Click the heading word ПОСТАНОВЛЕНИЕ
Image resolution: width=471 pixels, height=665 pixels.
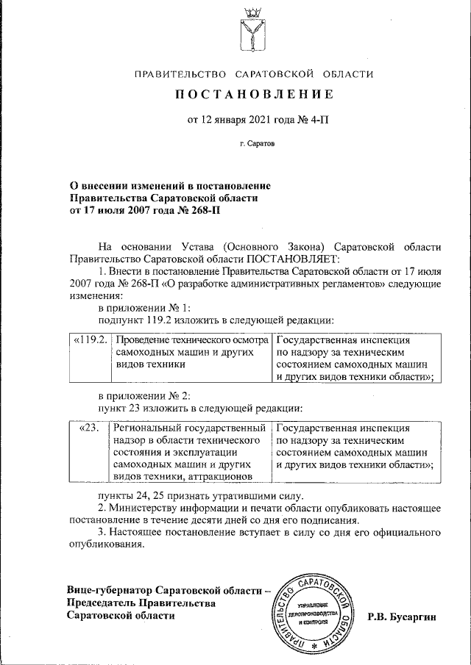pos(254,95)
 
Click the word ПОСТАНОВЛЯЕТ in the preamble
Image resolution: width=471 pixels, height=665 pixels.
pos(293,259)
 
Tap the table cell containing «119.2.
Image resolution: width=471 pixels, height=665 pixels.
pos(90,342)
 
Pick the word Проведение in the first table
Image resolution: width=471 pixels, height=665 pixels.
pos(144,342)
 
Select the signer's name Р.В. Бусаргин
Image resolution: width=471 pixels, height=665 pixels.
pos(402,618)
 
